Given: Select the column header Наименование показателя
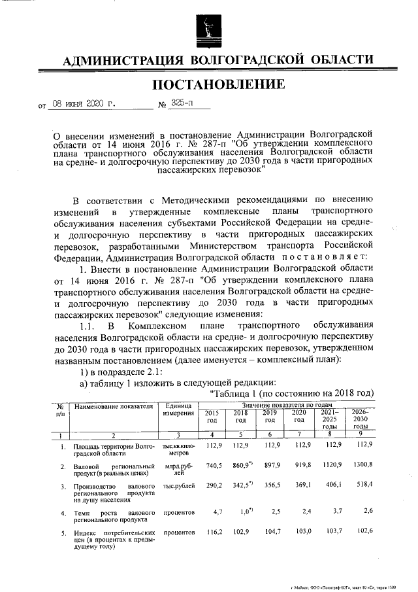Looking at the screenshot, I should [114, 406].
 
